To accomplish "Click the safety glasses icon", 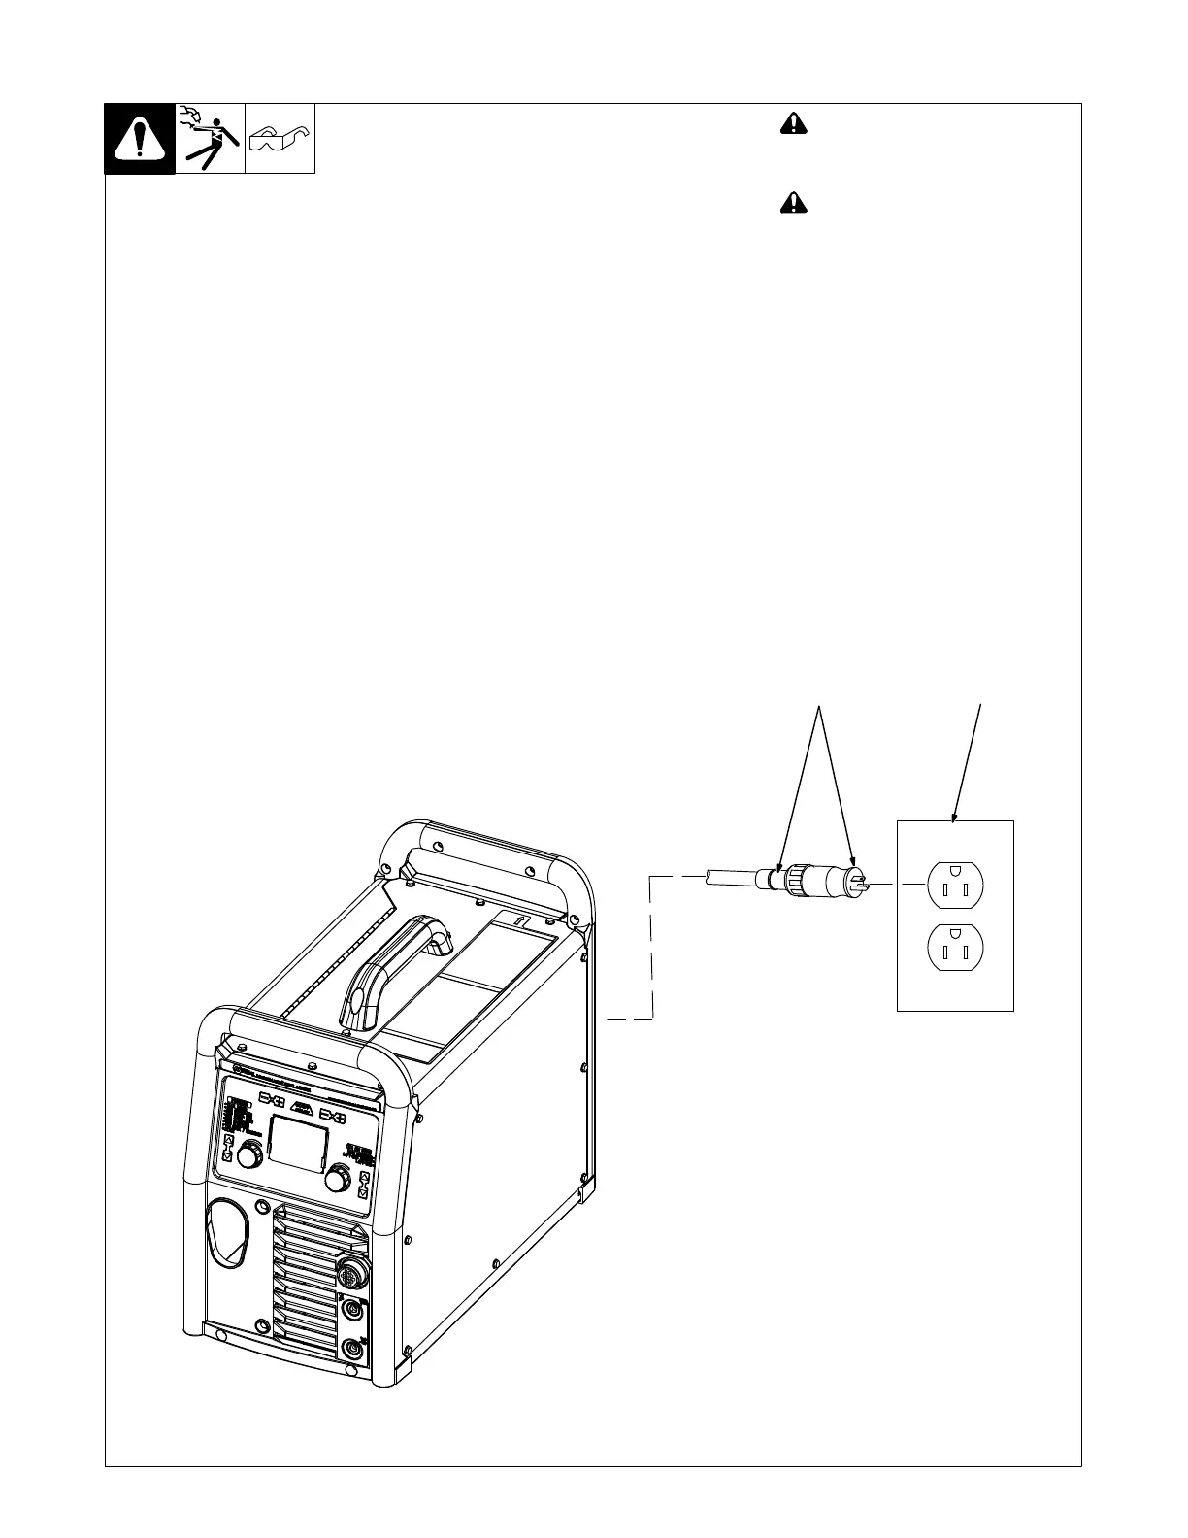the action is pyautogui.click(x=280, y=139).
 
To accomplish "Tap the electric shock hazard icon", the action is pyautogui.click(x=210, y=139).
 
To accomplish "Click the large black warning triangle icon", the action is pyautogui.click(x=140, y=139).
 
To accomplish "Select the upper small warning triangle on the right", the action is pyautogui.click(x=793, y=123).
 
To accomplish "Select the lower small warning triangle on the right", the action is pyautogui.click(x=793, y=203).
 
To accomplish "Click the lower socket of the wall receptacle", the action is pyautogui.click(x=956, y=948).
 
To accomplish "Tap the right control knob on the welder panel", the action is pyautogui.click(x=337, y=1178).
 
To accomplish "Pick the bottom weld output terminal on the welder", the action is pyautogui.click(x=352, y=1348).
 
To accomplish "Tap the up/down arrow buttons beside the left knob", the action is pyautogui.click(x=227, y=1148).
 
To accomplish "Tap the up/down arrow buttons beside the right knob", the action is pyautogui.click(x=363, y=1185).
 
